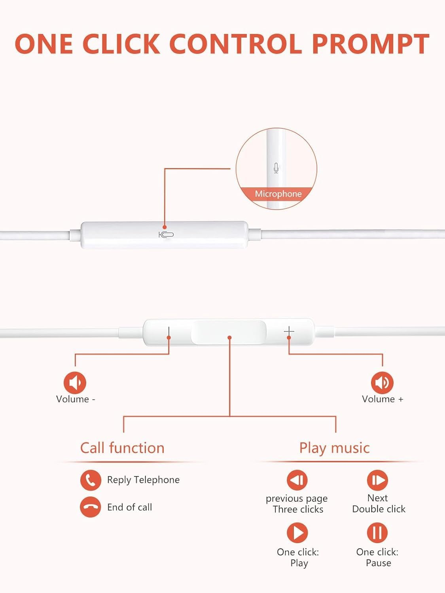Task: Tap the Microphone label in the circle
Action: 278,194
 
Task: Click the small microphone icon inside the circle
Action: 276,168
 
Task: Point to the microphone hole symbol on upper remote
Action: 166,235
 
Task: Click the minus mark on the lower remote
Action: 169,332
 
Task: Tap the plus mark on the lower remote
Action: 289,331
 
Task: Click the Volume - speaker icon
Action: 75,382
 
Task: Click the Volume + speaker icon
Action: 382,382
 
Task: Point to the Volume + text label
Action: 383,399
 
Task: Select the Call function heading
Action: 122,448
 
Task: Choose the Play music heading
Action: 334,448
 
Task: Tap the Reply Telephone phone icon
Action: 91,480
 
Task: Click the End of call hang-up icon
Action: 91,507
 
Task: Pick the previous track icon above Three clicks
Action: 297,480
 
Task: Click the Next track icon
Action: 377,480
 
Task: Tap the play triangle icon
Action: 297,533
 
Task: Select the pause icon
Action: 377,533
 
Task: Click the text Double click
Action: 379,509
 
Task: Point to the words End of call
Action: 129,507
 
